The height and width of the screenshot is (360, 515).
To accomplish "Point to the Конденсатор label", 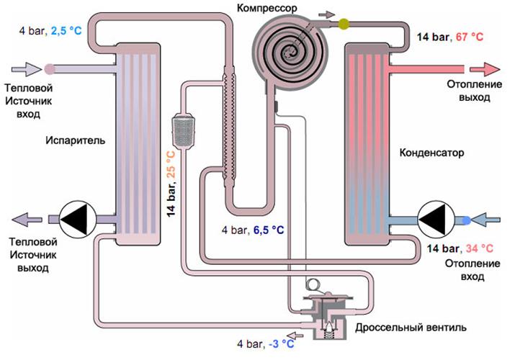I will click(431, 153).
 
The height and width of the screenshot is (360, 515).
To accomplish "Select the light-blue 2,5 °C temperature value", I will click(67, 31).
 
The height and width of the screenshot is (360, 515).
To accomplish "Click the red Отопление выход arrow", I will click(484, 69).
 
